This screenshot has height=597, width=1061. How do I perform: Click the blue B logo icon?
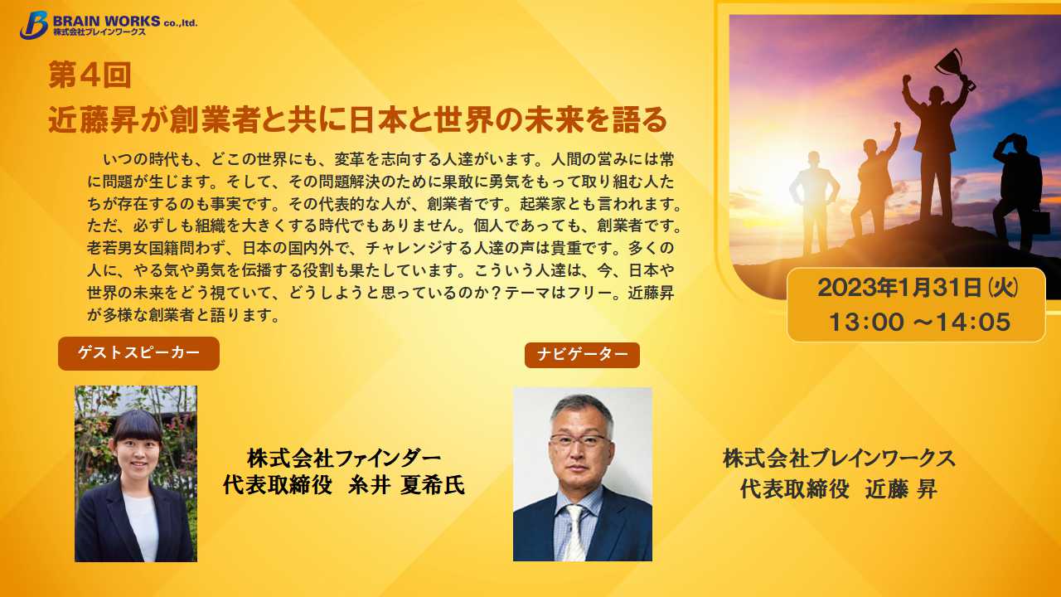pos(34,25)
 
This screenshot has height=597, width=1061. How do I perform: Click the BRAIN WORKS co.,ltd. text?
pos(125,22)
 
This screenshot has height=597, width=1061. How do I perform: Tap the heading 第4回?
pos(90,75)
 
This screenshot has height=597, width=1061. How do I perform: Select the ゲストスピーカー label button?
pos(138,353)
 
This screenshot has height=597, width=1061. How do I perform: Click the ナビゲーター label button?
pos(582,355)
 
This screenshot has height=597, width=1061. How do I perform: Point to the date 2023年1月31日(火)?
pos(918,288)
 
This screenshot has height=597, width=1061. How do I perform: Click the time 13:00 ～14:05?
pos(919,323)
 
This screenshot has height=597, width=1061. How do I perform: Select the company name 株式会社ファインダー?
pos(344,459)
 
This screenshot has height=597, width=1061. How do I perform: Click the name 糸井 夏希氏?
pos(407,485)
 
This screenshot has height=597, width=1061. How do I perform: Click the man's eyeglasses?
pos(579,440)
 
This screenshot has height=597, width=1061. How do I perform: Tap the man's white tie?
pos(575,532)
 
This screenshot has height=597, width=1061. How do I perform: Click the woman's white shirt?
pos(142,526)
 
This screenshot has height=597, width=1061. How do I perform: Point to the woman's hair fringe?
pos(138,426)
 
